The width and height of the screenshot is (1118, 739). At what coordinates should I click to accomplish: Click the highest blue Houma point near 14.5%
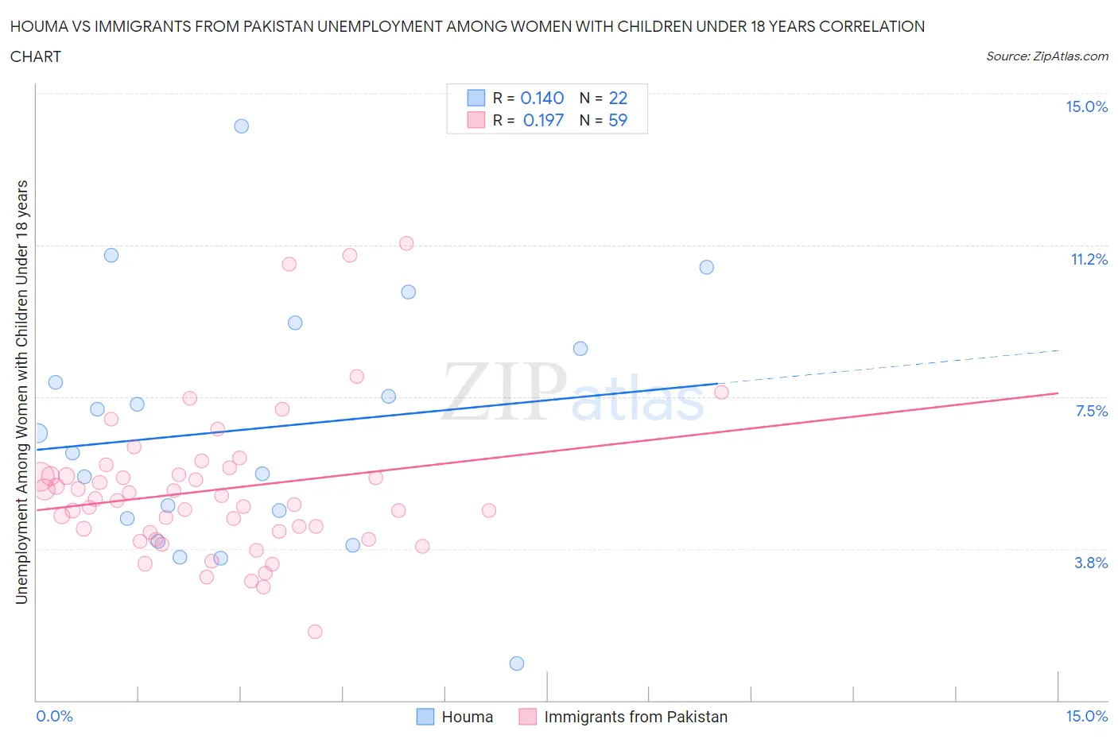click(242, 126)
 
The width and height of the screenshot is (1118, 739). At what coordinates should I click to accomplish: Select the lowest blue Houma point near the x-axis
click(517, 664)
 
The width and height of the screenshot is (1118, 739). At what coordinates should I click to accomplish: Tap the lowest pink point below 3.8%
click(315, 632)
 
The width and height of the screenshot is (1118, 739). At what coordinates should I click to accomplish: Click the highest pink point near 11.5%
click(406, 243)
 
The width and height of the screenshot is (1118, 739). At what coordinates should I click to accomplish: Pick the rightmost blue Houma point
click(707, 267)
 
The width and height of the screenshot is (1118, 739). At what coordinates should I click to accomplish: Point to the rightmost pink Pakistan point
click(721, 392)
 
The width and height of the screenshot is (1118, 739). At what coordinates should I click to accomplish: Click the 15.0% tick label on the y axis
click(1086, 107)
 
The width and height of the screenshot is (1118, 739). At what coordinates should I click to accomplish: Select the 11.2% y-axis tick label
click(1089, 260)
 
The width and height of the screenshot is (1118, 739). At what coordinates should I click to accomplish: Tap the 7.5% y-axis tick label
click(1091, 411)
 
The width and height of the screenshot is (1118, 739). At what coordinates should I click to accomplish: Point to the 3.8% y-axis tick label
click(1091, 563)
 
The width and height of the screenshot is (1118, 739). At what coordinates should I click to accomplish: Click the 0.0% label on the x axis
click(54, 717)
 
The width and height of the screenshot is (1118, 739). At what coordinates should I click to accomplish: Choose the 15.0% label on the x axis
click(1086, 717)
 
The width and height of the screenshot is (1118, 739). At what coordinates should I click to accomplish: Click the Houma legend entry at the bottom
click(467, 717)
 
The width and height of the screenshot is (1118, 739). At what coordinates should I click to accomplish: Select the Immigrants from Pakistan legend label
click(635, 717)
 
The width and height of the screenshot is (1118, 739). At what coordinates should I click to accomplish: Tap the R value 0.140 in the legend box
click(542, 98)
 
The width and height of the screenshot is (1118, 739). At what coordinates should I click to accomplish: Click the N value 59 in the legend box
click(618, 120)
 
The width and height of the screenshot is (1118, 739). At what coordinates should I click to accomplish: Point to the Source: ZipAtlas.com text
click(1046, 56)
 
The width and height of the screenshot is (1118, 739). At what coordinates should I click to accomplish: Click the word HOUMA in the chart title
click(38, 27)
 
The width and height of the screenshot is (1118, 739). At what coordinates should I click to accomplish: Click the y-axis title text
click(22, 392)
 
